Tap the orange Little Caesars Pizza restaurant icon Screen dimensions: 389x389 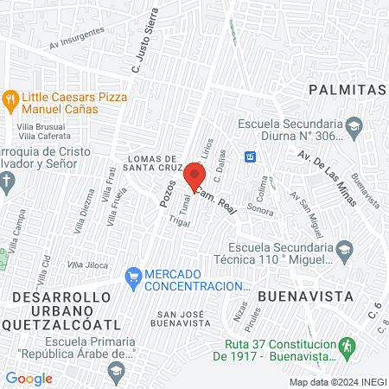point(10,98)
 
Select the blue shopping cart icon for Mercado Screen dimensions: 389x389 point(132,277)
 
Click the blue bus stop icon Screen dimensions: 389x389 point(250,156)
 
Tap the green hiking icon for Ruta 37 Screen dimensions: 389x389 point(347,345)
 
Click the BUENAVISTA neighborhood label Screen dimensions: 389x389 point(305,296)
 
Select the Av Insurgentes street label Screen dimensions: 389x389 point(77,37)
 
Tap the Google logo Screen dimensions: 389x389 point(29,378)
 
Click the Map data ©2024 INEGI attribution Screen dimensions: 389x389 point(337,381)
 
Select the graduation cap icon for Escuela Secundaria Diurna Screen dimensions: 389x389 point(353,128)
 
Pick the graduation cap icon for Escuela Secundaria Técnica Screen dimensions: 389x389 point(344,250)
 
